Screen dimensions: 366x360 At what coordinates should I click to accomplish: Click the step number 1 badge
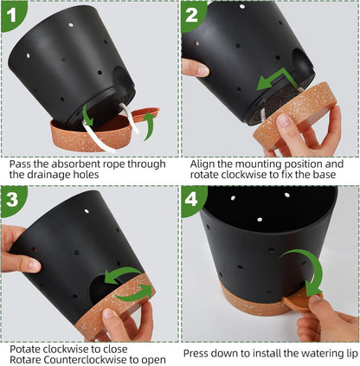tap(12, 13)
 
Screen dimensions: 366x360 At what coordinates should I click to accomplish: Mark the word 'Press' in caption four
tap(198, 352)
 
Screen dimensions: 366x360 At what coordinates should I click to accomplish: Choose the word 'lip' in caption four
tap(346, 352)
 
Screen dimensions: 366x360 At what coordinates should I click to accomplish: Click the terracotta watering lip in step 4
tap(305, 304)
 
